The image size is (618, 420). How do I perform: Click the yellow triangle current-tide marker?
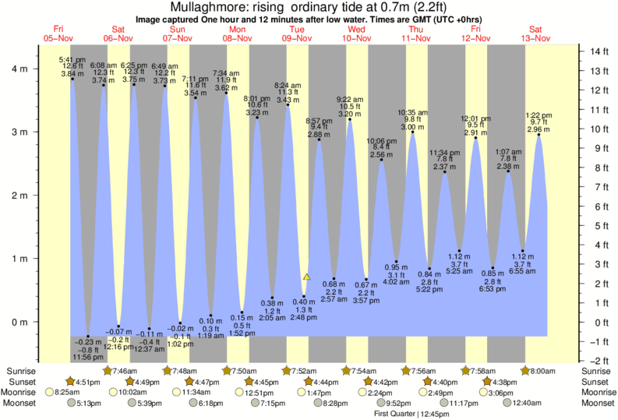[x=307, y=277]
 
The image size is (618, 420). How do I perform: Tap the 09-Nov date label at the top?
[x=296, y=37]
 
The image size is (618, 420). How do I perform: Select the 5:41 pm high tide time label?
[x=72, y=58]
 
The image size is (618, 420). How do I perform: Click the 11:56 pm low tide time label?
[x=87, y=356]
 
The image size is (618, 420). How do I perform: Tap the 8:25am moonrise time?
[x=70, y=393]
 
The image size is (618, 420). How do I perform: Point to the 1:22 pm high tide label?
[x=539, y=115]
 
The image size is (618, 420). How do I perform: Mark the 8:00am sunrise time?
[x=546, y=370]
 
